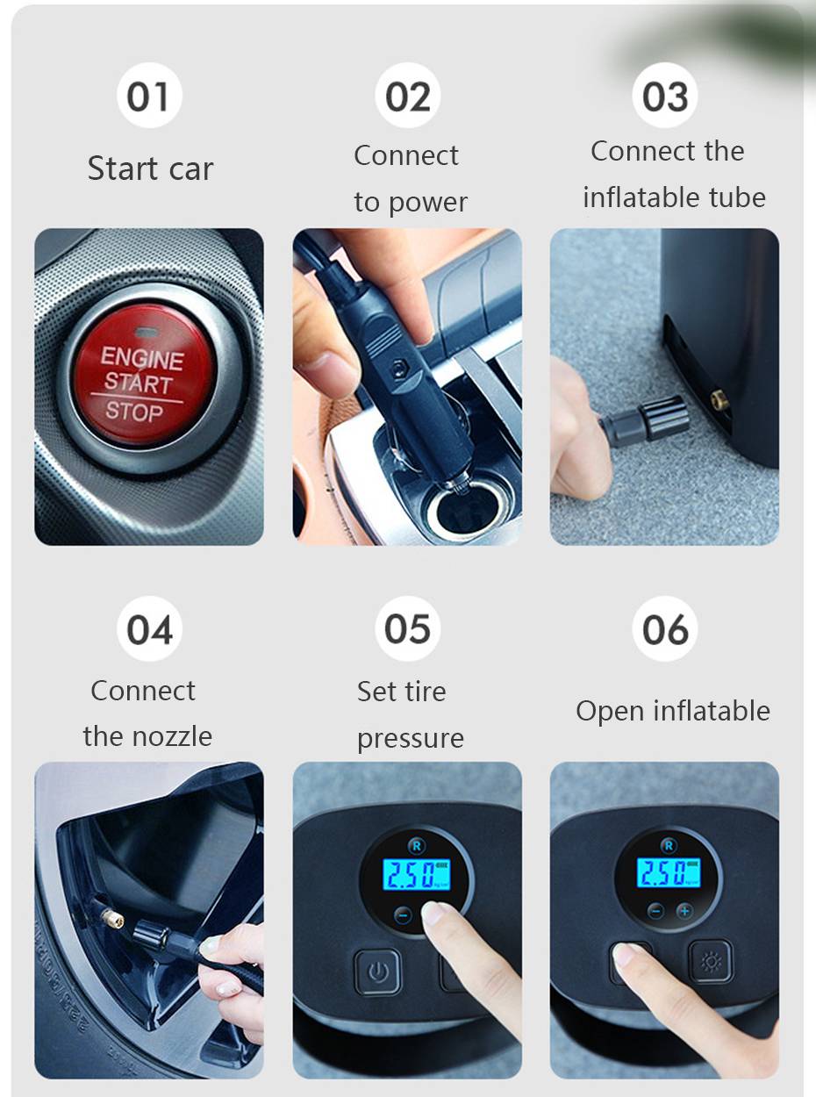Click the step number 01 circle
(x=149, y=95)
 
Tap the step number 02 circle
(x=407, y=95)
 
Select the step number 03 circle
(x=665, y=95)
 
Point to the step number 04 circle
(x=149, y=628)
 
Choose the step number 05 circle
(x=407, y=628)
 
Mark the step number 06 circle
(x=665, y=628)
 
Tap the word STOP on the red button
(x=134, y=412)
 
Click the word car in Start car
(x=191, y=169)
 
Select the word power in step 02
(x=428, y=203)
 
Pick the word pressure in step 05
(x=411, y=739)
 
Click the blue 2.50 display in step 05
(x=417, y=874)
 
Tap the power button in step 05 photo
(x=378, y=972)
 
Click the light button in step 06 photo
(x=712, y=962)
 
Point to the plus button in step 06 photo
(x=684, y=910)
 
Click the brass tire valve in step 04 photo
(x=112, y=919)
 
